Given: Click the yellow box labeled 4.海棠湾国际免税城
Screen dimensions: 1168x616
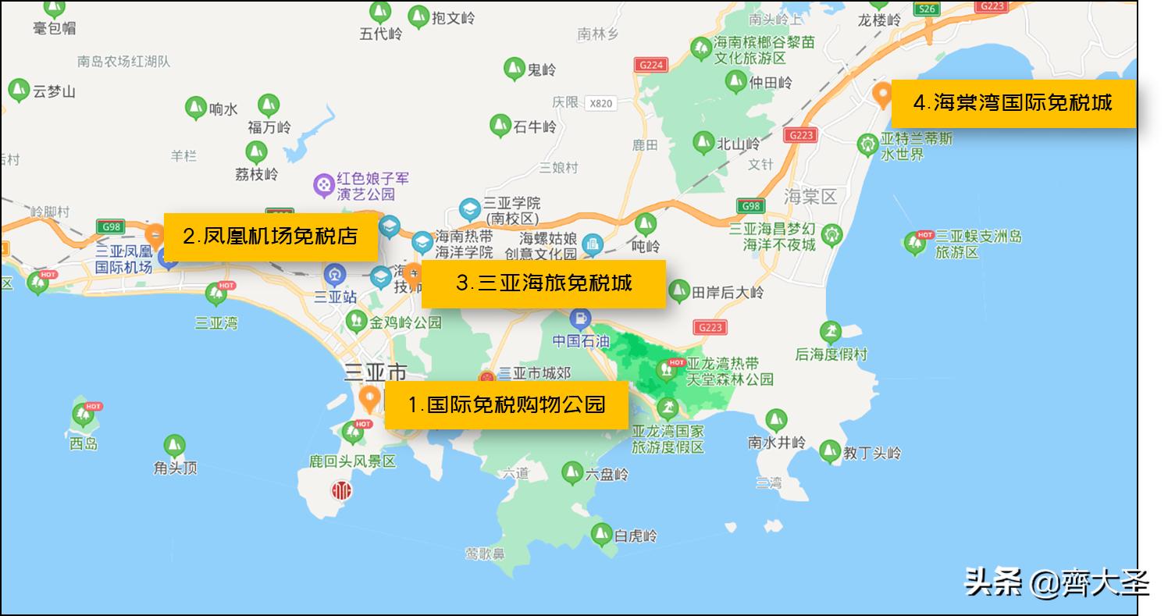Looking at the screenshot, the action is [x=1013, y=103].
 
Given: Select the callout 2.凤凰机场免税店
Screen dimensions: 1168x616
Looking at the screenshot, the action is [x=270, y=237].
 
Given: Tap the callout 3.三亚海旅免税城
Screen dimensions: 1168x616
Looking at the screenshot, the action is [x=543, y=283].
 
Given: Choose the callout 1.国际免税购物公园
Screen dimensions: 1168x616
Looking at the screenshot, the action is [x=507, y=404].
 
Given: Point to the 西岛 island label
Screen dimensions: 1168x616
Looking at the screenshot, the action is [x=84, y=443].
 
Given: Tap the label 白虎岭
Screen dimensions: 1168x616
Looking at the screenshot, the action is [x=636, y=536].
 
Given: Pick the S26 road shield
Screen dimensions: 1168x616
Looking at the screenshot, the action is [x=927, y=9].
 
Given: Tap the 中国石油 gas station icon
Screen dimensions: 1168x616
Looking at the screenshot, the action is [x=580, y=319].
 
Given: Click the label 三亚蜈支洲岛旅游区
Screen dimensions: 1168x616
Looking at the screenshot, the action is [x=978, y=244].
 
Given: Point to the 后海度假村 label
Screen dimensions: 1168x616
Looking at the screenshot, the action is [x=831, y=354].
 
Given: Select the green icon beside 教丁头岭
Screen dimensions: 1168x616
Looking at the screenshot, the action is [x=830, y=451].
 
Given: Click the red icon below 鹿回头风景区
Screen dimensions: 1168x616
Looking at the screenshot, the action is [x=341, y=490].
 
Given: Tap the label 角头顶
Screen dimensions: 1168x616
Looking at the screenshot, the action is [x=176, y=468].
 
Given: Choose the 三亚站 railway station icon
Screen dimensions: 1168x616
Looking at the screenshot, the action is [x=335, y=275].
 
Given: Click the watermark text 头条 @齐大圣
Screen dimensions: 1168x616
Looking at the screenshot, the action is [x=1056, y=582].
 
